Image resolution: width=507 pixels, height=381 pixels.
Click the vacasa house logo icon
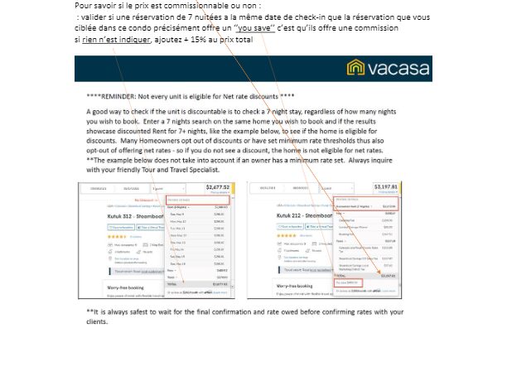coord(357,69)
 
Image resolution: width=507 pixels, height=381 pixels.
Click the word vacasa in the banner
coord(399,69)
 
